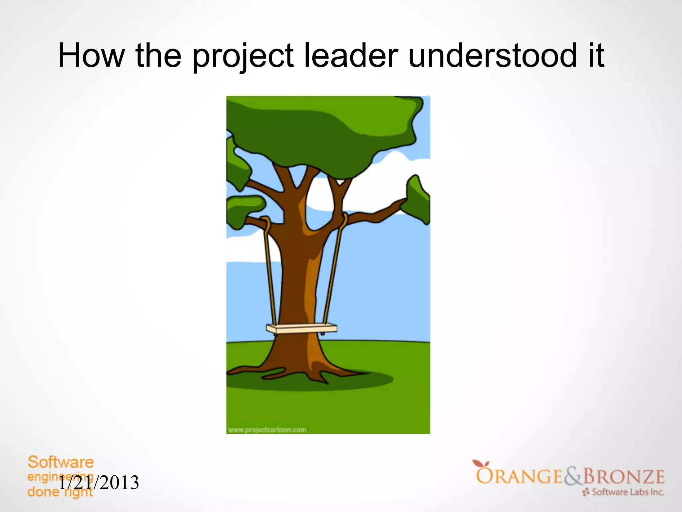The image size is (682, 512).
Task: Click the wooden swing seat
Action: tap(301, 329)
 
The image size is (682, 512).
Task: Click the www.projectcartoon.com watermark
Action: tap(267, 430)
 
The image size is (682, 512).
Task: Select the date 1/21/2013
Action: tap(99, 483)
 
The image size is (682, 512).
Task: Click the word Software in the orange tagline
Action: tap(61, 462)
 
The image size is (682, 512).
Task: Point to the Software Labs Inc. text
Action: tap(628, 492)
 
